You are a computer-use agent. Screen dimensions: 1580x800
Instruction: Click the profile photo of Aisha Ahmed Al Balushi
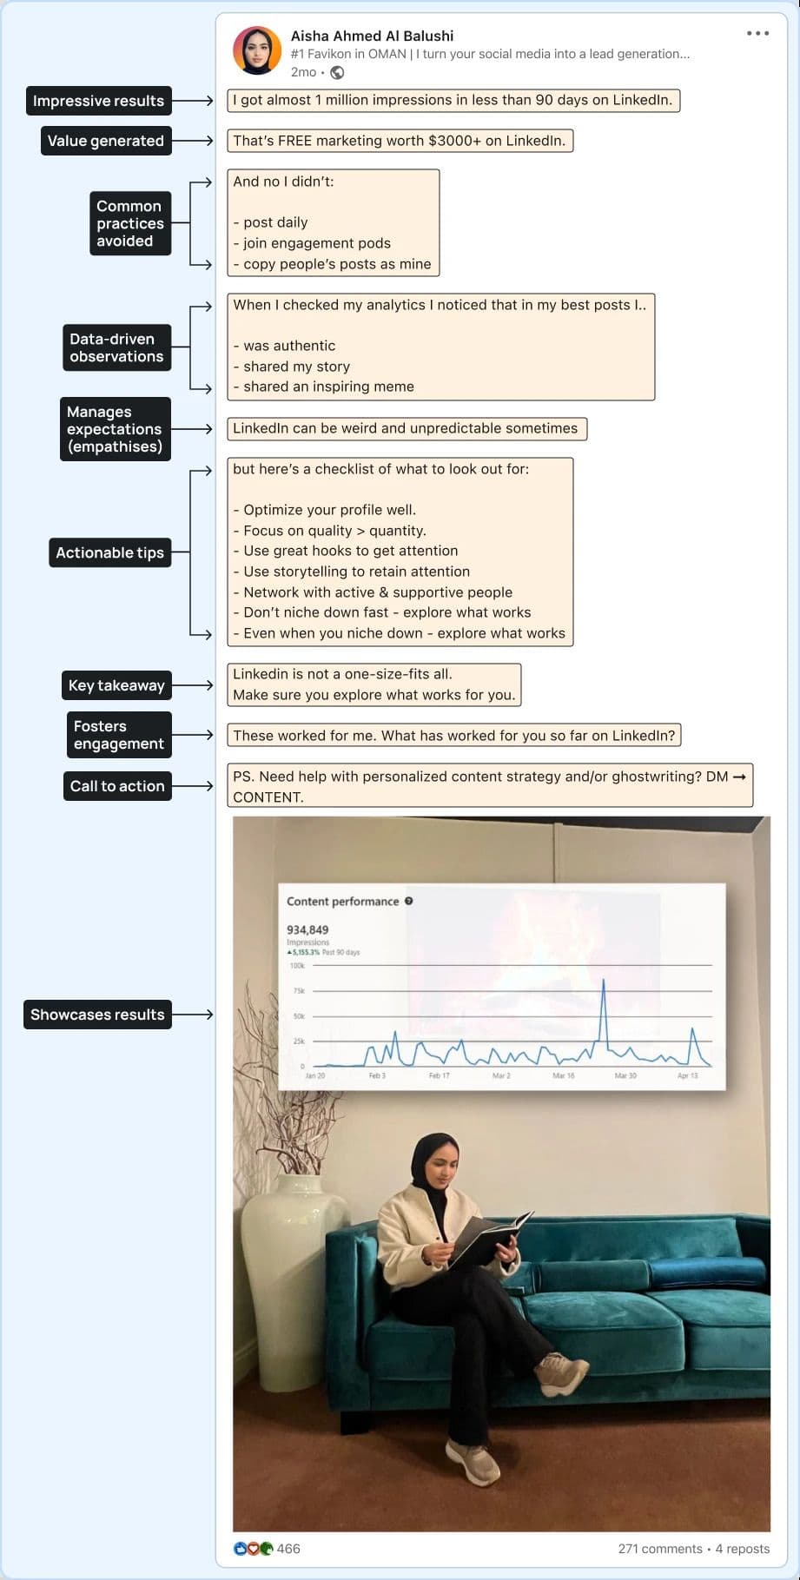tap(257, 50)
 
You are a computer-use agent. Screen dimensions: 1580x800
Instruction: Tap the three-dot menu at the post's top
tap(757, 34)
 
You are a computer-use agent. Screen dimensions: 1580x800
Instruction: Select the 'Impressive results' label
tap(98, 101)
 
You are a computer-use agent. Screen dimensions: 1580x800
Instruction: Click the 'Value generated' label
tap(105, 141)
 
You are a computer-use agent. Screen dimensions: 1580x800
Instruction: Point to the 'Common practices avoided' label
tap(129, 223)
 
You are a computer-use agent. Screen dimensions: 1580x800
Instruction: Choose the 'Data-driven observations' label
tap(116, 347)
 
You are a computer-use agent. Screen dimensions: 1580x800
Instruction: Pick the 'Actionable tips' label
tap(109, 552)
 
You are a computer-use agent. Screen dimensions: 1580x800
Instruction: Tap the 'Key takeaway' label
tap(116, 685)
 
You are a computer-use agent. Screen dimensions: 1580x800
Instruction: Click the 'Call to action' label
tap(117, 786)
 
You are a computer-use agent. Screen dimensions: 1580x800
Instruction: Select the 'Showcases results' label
tap(97, 1015)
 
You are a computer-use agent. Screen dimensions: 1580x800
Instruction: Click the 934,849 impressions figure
tap(307, 929)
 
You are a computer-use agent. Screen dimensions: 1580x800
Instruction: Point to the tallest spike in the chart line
tap(604, 981)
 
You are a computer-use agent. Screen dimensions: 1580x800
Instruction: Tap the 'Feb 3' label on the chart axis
tap(377, 1076)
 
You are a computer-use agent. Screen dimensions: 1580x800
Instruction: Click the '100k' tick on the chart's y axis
tap(297, 966)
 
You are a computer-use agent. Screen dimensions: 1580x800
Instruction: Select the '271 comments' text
tap(660, 1549)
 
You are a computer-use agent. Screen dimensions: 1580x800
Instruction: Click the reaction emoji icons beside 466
tap(253, 1549)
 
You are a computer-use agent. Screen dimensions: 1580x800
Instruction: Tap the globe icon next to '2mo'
tap(338, 73)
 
